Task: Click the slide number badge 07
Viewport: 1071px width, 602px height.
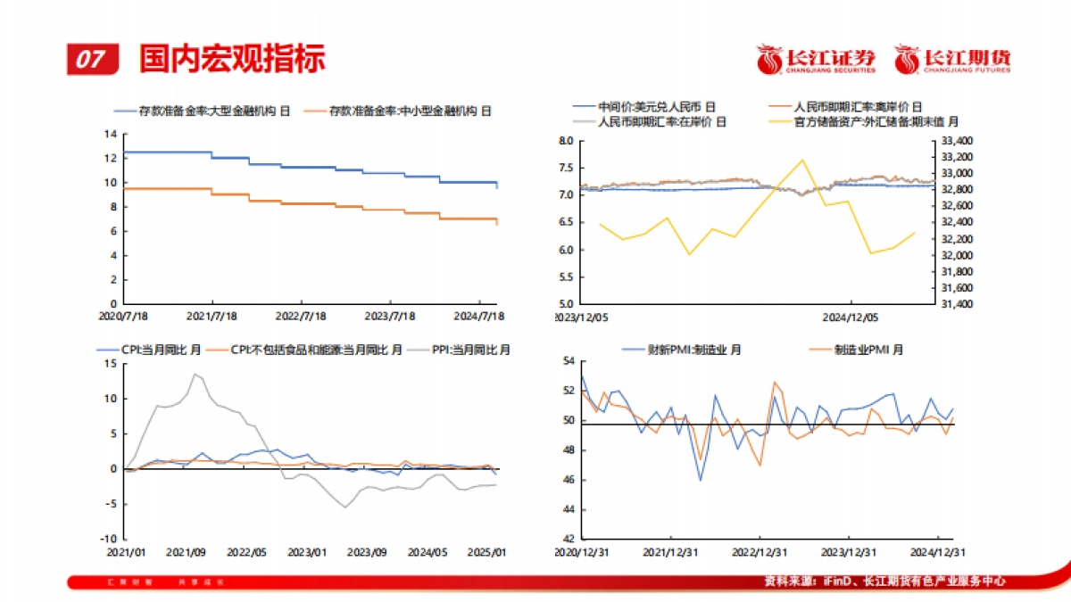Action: [x=91, y=59]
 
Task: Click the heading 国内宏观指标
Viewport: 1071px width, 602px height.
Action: [x=232, y=58]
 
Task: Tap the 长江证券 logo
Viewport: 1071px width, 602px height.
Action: [x=816, y=59]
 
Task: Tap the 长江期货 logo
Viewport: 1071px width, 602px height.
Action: [x=952, y=59]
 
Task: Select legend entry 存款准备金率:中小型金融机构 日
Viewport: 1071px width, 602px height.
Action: [x=398, y=111]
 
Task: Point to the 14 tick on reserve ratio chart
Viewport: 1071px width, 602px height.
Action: [x=112, y=134]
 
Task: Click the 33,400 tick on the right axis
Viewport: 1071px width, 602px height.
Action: [x=958, y=141]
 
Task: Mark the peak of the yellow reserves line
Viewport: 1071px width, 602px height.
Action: [x=802, y=161]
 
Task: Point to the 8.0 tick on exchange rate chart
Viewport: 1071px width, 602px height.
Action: [x=565, y=141]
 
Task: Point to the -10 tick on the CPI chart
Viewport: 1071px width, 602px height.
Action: [x=110, y=539]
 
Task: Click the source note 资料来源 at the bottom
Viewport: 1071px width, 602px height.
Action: [x=884, y=581]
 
